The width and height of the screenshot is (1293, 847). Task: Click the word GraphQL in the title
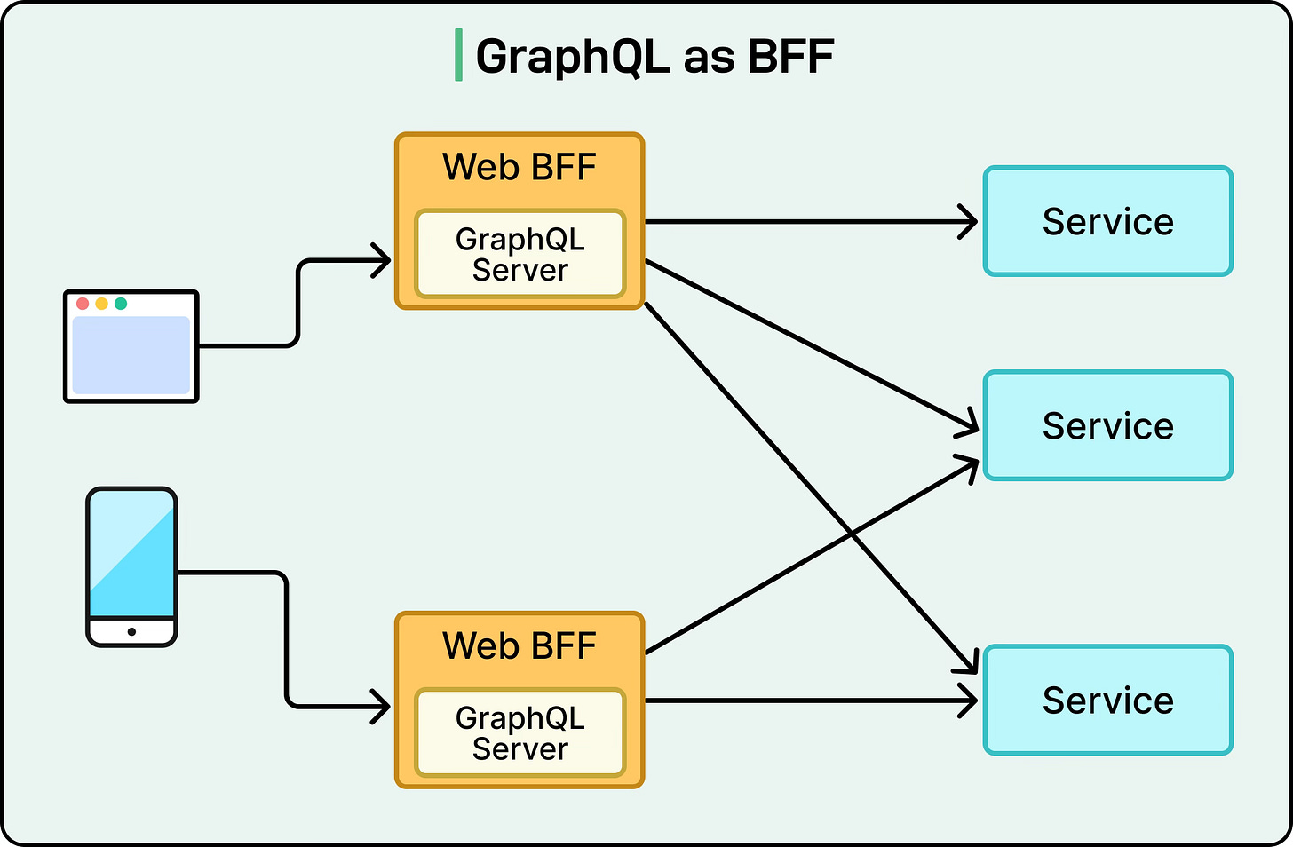(572, 57)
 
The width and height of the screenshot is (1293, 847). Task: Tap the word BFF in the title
(789, 57)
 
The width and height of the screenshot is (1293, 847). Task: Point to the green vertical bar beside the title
(458, 55)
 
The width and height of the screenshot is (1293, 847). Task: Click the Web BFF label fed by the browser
(520, 167)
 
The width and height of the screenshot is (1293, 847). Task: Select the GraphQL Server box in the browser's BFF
(520, 254)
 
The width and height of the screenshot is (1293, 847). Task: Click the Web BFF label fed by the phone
(520, 645)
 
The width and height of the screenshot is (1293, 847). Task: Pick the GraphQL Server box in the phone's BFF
(520, 732)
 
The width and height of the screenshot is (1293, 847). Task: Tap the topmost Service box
(1107, 221)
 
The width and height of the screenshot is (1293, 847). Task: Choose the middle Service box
(1107, 425)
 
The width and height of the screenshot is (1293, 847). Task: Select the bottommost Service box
(1107, 700)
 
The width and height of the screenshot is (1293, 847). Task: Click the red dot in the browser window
(83, 304)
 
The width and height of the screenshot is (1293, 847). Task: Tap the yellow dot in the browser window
(102, 304)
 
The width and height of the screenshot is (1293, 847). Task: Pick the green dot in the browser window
(121, 304)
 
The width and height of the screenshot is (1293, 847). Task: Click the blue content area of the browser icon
(131, 355)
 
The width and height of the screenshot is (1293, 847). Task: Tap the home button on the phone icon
(131, 632)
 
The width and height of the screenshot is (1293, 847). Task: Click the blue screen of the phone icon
(131, 555)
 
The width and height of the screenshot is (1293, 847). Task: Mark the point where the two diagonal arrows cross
(852, 534)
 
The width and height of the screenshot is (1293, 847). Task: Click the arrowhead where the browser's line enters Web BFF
(384, 261)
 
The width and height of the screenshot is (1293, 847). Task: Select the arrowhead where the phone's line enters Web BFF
(384, 708)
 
